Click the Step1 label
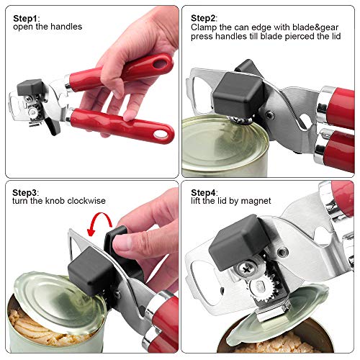coord(27,17)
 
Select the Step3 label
coord(27,191)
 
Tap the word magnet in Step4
coord(256,201)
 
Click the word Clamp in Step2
coord(204,27)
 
